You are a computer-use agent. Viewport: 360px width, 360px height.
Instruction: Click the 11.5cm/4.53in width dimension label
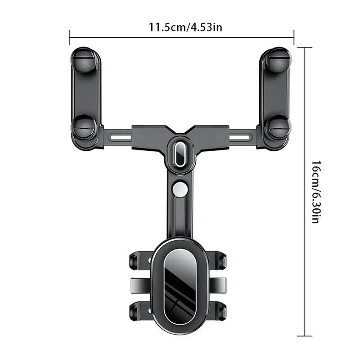185,27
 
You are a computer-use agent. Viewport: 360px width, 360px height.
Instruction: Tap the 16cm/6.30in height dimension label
316,192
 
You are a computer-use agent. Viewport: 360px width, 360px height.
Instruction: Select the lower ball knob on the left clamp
83,127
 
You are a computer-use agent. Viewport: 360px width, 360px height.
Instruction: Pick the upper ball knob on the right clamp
279,60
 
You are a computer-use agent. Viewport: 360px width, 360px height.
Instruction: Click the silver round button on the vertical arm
180,189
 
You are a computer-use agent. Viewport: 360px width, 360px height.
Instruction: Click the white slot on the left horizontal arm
121,138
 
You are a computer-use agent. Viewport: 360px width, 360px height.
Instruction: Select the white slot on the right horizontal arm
239,138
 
